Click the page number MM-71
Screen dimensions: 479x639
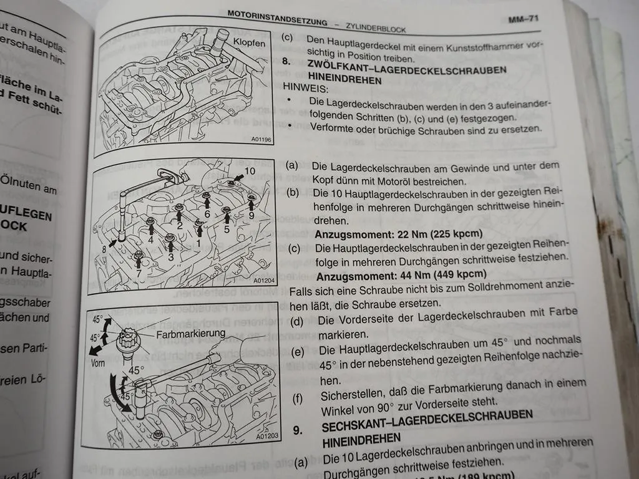tap(522, 19)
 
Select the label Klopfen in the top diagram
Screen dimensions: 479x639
tap(249, 44)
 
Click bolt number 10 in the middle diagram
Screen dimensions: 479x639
tap(250, 170)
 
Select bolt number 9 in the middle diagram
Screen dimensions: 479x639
tap(251, 215)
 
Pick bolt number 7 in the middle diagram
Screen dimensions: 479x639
tap(138, 273)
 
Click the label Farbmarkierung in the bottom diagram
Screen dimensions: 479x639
tap(190, 333)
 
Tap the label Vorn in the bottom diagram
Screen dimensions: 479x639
tap(99, 362)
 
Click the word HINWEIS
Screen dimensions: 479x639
tap(306, 89)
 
